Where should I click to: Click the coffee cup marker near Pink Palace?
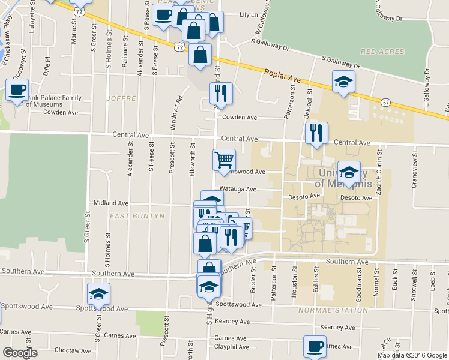click(17, 91)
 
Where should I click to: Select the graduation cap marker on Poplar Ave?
click(343, 82)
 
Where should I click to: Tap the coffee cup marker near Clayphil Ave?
click(315, 346)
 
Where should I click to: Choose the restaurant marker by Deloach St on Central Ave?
click(316, 133)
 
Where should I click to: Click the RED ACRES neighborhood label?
click(383, 52)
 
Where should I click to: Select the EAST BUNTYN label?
click(132, 214)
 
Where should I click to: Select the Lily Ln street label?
click(247, 14)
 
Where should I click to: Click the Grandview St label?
click(414, 174)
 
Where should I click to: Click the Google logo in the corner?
click(20, 353)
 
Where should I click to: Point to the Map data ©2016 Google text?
click(413, 355)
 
